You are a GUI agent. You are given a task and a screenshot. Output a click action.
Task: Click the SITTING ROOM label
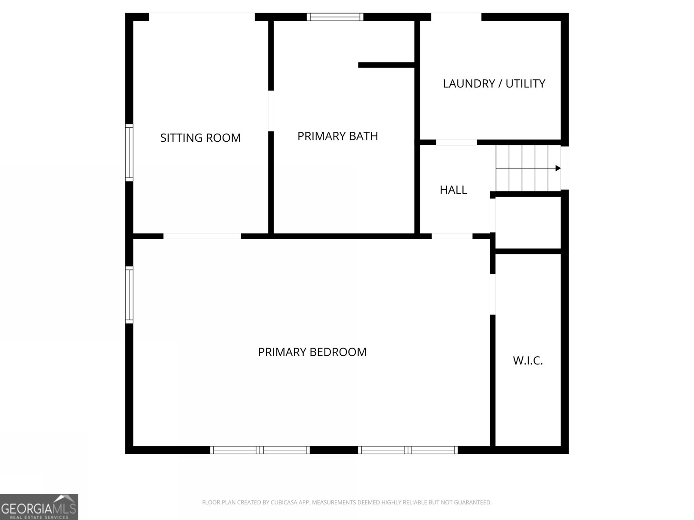tap(200, 138)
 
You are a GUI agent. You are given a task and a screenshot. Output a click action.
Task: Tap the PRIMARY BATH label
tap(337, 136)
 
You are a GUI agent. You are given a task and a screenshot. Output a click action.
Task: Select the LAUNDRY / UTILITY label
tap(494, 84)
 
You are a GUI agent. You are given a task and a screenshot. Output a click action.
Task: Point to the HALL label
tap(453, 190)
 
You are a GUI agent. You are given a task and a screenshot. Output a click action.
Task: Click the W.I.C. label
tap(528, 361)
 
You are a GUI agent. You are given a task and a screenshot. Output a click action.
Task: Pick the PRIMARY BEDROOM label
tap(312, 352)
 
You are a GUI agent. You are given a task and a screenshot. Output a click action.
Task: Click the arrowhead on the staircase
tap(558, 168)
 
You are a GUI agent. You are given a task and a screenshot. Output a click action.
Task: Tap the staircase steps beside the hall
tap(527, 168)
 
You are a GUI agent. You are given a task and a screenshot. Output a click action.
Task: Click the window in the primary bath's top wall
tap(335, 17)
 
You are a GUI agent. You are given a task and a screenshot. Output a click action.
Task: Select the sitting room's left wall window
tap(129, 152)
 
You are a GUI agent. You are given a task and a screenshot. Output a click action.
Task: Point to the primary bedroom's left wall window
tap(129, 295)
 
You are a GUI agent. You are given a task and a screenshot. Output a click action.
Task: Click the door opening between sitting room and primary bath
tap(271, 110)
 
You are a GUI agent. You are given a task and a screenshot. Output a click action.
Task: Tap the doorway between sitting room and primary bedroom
tap(202, 236)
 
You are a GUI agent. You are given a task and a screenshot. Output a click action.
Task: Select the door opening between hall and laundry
tap(456, 142)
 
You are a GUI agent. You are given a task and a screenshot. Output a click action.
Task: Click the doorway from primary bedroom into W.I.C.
tap(493, 294)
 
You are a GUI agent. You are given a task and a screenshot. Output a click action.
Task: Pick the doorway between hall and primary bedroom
tap(452, 236)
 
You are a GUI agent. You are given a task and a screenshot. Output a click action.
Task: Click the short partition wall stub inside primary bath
tap(386, 65)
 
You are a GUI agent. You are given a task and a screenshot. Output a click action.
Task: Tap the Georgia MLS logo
tap(39, 507)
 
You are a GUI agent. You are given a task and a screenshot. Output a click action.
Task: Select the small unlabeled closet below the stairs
tap(528, 223)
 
